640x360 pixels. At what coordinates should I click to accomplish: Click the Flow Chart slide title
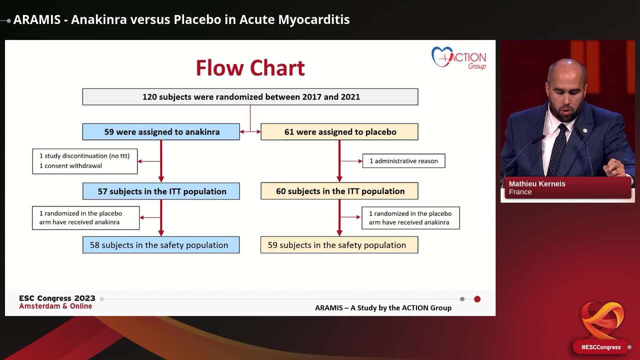pyautogui.click(x=250, y=68)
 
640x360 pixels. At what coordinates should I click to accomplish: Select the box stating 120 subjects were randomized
pyautogui.click(x=250, y=97)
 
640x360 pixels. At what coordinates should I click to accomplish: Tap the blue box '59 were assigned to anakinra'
pyautogui.click(x=161, y=132)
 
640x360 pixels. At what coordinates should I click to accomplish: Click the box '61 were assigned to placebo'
pyautogui.click(x=339, y=132)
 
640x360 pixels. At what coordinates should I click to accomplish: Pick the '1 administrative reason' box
pyautogui.click(x=403, y=161)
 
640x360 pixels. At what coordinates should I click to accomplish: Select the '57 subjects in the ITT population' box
pyautogui.click(x=161, y=191)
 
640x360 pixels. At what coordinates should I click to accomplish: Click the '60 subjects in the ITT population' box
pyautogui.click(x=339, y=191)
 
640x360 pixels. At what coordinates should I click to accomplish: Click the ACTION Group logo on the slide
pyautogui.click(x=458, y=57)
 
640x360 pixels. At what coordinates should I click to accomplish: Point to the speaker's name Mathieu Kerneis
pyautogui.click(x=537, y=184)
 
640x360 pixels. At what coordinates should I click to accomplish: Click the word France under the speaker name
pyautogui.click(x=520, y=192)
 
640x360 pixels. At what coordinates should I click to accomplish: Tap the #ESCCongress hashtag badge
pyautogui.click(x=600, y=347)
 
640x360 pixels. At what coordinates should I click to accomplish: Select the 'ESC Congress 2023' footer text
pyautogui.click(x=57, y=298)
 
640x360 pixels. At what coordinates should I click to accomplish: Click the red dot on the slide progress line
pyautogui.click(x=477, y=299)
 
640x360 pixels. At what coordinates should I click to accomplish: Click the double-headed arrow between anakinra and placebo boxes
pyautogui.click(x=250, y=132)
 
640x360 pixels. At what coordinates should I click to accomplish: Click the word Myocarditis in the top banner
pyautogui.click(x=314, y=20)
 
